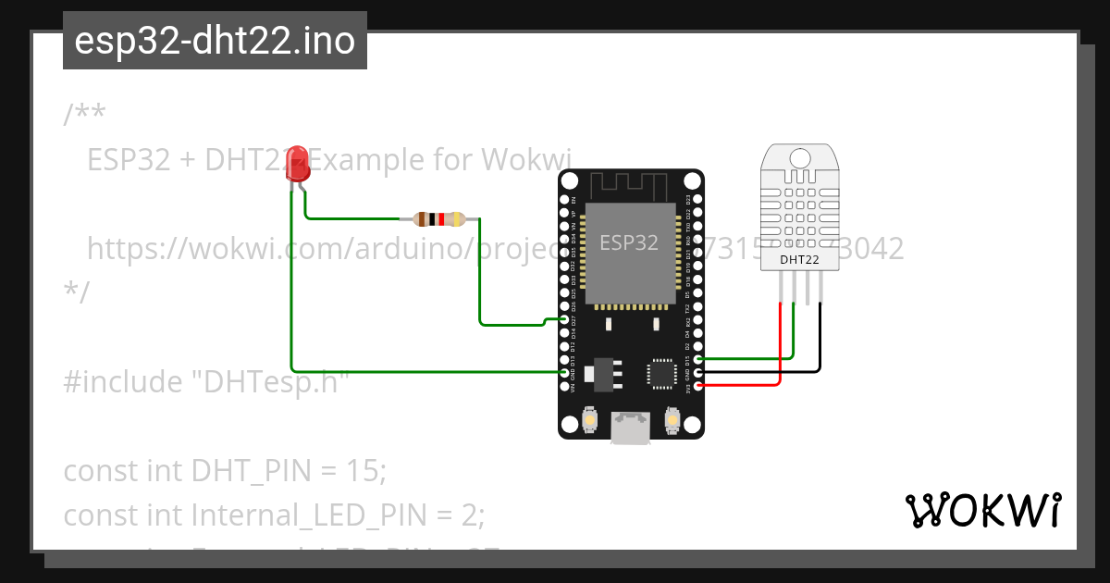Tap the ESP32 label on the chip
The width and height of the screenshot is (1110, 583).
point(629,242)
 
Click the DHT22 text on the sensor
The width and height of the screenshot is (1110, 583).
point(799,259)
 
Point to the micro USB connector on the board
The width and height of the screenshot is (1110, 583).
point(630,428)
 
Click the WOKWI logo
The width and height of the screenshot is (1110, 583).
point(982,511)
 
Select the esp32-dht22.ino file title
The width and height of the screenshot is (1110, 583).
point(215,41)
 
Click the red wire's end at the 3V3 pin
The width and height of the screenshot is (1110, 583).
point(698,384)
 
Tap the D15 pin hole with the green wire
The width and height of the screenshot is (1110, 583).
point(698,358)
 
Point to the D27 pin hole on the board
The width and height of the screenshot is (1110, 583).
point(564,319)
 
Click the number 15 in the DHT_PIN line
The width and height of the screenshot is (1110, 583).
point(364,470)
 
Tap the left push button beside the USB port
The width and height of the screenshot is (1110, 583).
point(589,422)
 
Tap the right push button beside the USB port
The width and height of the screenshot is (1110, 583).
point(672,422)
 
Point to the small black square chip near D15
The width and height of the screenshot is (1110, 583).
point(661,372)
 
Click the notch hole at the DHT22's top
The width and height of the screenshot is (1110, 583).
point(800,157)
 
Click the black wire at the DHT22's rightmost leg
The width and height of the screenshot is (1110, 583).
point(820,333)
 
